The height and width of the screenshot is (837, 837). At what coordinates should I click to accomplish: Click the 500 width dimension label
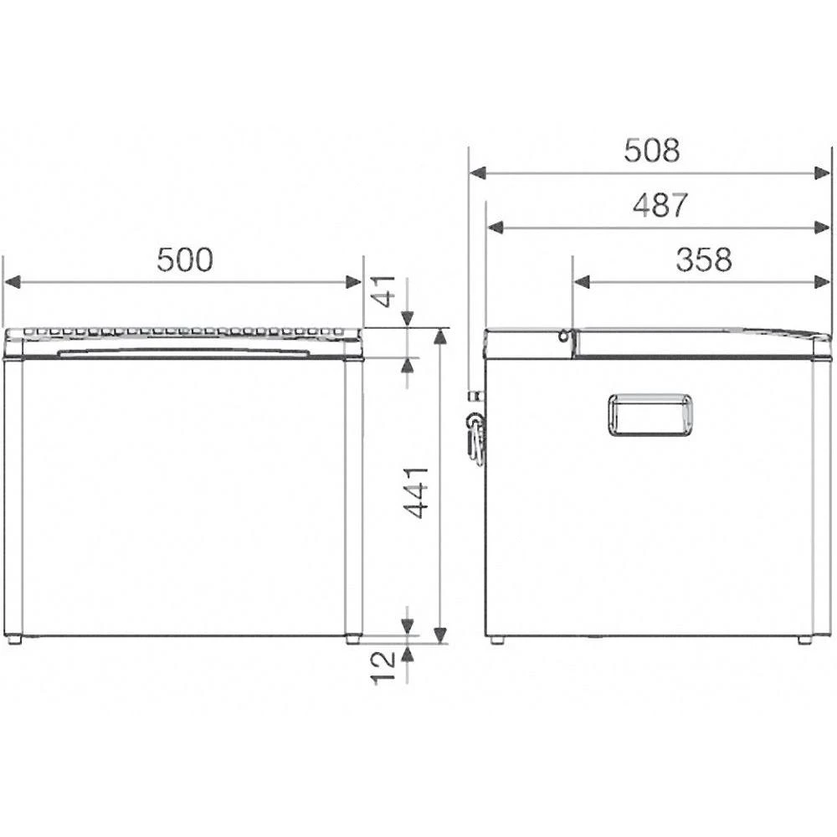(185, 260)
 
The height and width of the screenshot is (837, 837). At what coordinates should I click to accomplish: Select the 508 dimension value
(652, 151)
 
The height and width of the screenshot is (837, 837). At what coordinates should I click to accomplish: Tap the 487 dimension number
(660, 205)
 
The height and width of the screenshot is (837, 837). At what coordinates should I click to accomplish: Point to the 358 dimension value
(704, 260)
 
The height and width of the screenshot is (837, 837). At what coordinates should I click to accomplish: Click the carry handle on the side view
(650, 415)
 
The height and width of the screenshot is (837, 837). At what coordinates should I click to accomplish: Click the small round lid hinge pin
(565, 336)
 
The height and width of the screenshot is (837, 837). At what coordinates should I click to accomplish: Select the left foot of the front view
(13, 639)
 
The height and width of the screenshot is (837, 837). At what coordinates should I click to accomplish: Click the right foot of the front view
(354, 639)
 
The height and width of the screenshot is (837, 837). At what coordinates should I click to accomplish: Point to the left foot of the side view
(497, 639)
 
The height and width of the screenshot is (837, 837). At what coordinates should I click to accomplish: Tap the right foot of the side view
(804, 639)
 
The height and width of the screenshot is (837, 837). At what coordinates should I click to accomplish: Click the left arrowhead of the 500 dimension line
(12, 282)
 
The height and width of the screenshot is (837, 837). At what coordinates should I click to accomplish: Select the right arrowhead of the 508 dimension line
(823, 172)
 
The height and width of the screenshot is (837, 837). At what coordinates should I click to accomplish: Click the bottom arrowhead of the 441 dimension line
(440, 634)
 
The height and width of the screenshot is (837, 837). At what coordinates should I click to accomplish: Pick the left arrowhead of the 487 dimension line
(495, 227)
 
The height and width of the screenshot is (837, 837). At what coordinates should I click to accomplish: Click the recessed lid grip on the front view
(184, 352)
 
